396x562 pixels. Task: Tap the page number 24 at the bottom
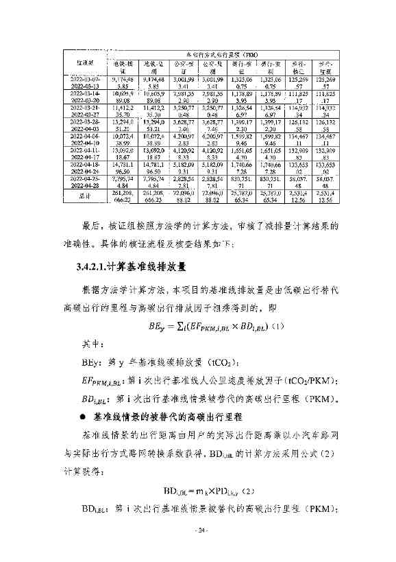coord(201,530)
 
